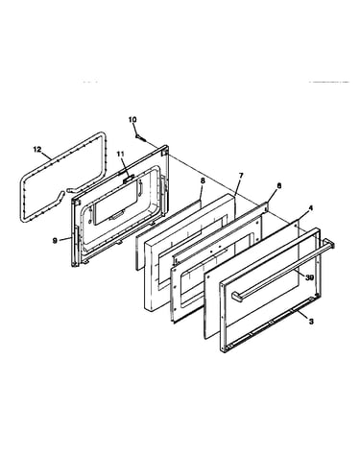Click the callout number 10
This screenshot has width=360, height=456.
132,120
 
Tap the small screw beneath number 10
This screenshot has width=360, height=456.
141,137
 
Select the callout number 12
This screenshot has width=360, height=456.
37,149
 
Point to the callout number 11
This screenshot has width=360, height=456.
120,154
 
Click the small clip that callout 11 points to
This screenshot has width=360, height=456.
128,179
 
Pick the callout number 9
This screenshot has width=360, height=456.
55,240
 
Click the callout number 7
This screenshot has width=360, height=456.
241,176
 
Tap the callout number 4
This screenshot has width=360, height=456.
310,208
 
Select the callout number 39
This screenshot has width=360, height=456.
309,277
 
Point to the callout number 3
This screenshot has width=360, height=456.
310,322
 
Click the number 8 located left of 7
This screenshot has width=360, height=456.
203,180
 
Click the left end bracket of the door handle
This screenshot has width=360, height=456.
236,296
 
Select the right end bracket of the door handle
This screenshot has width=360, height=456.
329,243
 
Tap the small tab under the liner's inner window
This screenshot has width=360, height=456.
114,217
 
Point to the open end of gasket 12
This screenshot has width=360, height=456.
63,191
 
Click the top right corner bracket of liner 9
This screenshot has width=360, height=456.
165,151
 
